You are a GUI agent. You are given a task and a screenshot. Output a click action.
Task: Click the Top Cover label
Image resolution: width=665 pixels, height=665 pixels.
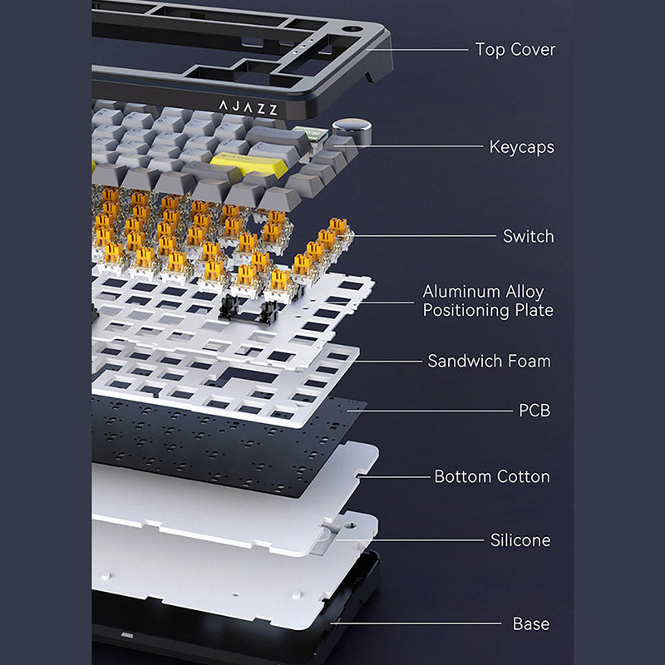click(515, 50)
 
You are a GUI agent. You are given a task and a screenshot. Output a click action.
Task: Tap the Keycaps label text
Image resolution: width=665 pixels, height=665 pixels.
click(522, 147)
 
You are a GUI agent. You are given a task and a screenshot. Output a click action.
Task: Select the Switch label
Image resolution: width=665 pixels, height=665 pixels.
click(529, 236)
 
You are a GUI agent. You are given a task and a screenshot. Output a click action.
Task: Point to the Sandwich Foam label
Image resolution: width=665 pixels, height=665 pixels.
click(489, 361)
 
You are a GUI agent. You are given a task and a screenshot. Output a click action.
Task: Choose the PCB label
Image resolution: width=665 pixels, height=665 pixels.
click(534, 411)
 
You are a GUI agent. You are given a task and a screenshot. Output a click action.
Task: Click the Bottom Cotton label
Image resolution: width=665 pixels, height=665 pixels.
click(492, 476)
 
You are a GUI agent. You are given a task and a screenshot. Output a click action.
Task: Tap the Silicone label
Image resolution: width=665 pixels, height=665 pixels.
click(520, 540)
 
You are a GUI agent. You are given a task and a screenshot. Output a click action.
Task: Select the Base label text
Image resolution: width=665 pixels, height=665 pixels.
click(531, 624)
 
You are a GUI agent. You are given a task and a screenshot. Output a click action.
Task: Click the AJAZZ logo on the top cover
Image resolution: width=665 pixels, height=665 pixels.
click(249, 108)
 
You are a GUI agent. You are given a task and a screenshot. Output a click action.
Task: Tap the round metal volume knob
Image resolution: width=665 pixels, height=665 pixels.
click(352, 130)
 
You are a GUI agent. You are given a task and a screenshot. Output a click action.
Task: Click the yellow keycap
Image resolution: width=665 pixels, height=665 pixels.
click(247, 164)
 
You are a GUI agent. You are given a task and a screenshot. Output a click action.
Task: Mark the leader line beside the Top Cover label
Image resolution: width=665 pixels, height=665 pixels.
click(417, 50)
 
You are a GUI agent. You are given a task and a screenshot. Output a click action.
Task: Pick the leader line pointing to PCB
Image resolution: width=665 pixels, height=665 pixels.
click(430, 411)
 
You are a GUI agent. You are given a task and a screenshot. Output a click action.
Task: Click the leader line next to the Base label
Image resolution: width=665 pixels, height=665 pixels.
click(416, 623)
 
